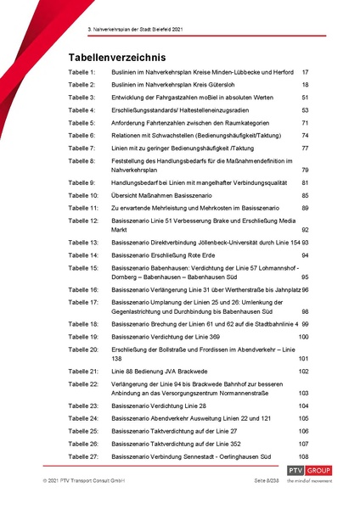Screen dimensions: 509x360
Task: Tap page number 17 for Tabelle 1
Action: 305,74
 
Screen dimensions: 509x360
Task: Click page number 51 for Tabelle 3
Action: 305,98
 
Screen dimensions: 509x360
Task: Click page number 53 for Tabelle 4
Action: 305,110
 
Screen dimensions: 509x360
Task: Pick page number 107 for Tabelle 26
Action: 303,444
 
